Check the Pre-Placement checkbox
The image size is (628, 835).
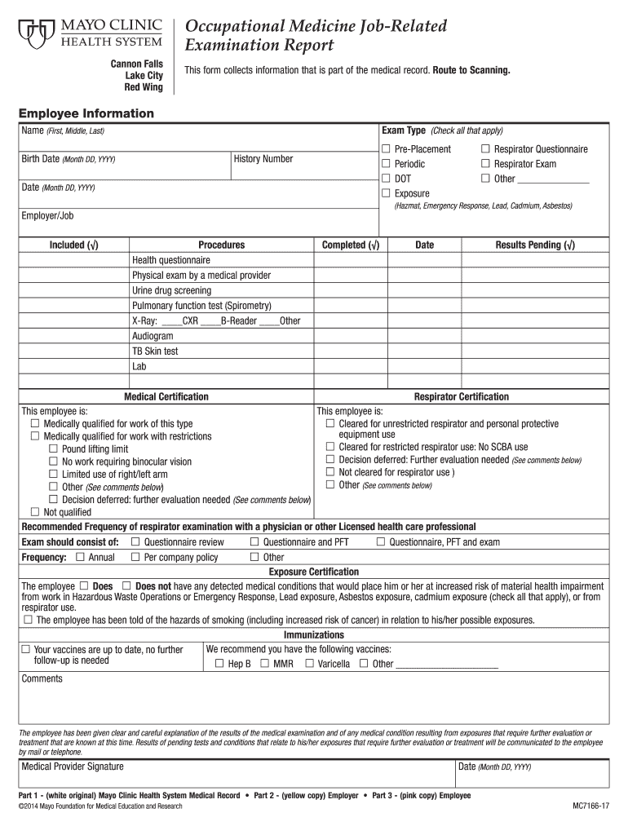387,149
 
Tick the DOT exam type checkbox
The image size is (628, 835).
387,179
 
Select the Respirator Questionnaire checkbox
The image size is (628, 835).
485,149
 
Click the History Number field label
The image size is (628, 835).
263,159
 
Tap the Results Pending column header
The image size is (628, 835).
534,245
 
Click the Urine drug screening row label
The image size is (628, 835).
171,290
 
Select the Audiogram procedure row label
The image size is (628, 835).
153,336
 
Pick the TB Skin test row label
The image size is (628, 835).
155,351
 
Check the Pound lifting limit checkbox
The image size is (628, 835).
54,449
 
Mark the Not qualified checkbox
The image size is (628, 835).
35,512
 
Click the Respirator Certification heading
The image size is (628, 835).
461,397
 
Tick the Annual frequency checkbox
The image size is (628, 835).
80,557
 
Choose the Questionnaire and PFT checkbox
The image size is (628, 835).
254,542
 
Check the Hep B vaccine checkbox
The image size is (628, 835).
219,664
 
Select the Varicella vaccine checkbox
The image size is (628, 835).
309,664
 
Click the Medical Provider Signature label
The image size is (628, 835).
73,767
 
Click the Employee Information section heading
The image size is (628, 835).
86,113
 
